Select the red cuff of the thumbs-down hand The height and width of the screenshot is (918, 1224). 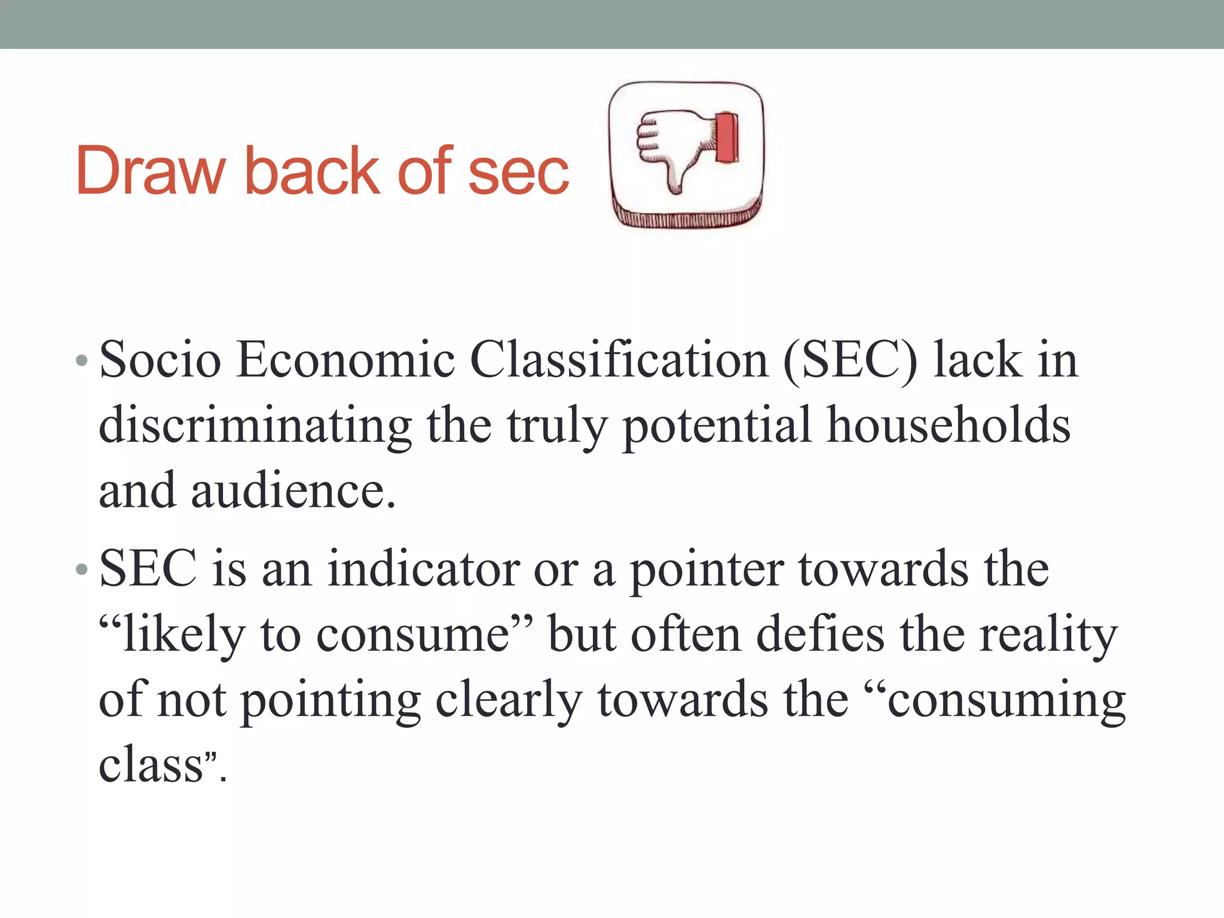pos(727,137)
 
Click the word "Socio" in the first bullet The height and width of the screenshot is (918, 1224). pos(160,360)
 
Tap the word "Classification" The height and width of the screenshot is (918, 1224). pos(619,360)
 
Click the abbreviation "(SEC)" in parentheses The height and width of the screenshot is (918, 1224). pos(849,361)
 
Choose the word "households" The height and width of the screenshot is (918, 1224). pos(948,426)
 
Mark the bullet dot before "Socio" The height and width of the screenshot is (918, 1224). pos(82,361)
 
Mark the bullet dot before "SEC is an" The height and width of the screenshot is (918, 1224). pos(82,570)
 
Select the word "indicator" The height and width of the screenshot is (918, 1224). pos(423,570)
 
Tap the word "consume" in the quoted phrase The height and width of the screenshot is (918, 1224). pos(413,635)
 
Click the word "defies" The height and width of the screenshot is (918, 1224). pos(820,635)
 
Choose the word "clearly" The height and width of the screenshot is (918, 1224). pos(508,700)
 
